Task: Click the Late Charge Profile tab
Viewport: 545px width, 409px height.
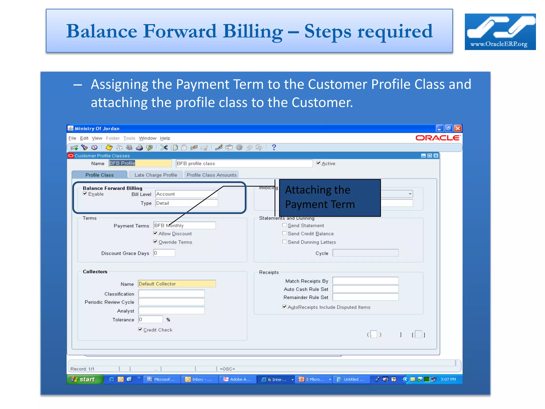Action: tap(156, 175)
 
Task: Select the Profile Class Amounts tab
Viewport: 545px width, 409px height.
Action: tap(212, 175)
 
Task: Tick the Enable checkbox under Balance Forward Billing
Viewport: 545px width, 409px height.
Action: tap(85, 194)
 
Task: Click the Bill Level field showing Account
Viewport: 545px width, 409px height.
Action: tap(186, 194)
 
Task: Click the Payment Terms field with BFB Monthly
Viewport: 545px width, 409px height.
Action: tap(184, 226)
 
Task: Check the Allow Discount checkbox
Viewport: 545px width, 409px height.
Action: tap(155, 233)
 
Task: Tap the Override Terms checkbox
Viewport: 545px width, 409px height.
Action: tap(155, 242)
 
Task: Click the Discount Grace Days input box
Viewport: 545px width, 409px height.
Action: tap(164, 253)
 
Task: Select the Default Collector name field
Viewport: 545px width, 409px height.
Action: tap(177, 284)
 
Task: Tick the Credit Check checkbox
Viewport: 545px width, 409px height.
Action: tap(140, 329)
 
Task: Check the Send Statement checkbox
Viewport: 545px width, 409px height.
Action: tap(284, 225)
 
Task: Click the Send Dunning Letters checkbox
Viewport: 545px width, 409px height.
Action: tap(284, 242)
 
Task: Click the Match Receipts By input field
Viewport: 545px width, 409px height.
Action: tap(365, 281)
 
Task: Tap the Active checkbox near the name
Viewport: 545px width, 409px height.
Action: tap(319, 163)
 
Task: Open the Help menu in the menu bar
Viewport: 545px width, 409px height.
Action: tap(165, 138)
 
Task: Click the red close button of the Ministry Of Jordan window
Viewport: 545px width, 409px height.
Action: tap(458, 128)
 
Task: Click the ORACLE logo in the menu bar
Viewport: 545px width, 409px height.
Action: tap(438, 138)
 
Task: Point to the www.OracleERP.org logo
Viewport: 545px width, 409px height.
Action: tap(500, 32)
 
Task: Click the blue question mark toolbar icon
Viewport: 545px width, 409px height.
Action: tap(274, 147)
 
